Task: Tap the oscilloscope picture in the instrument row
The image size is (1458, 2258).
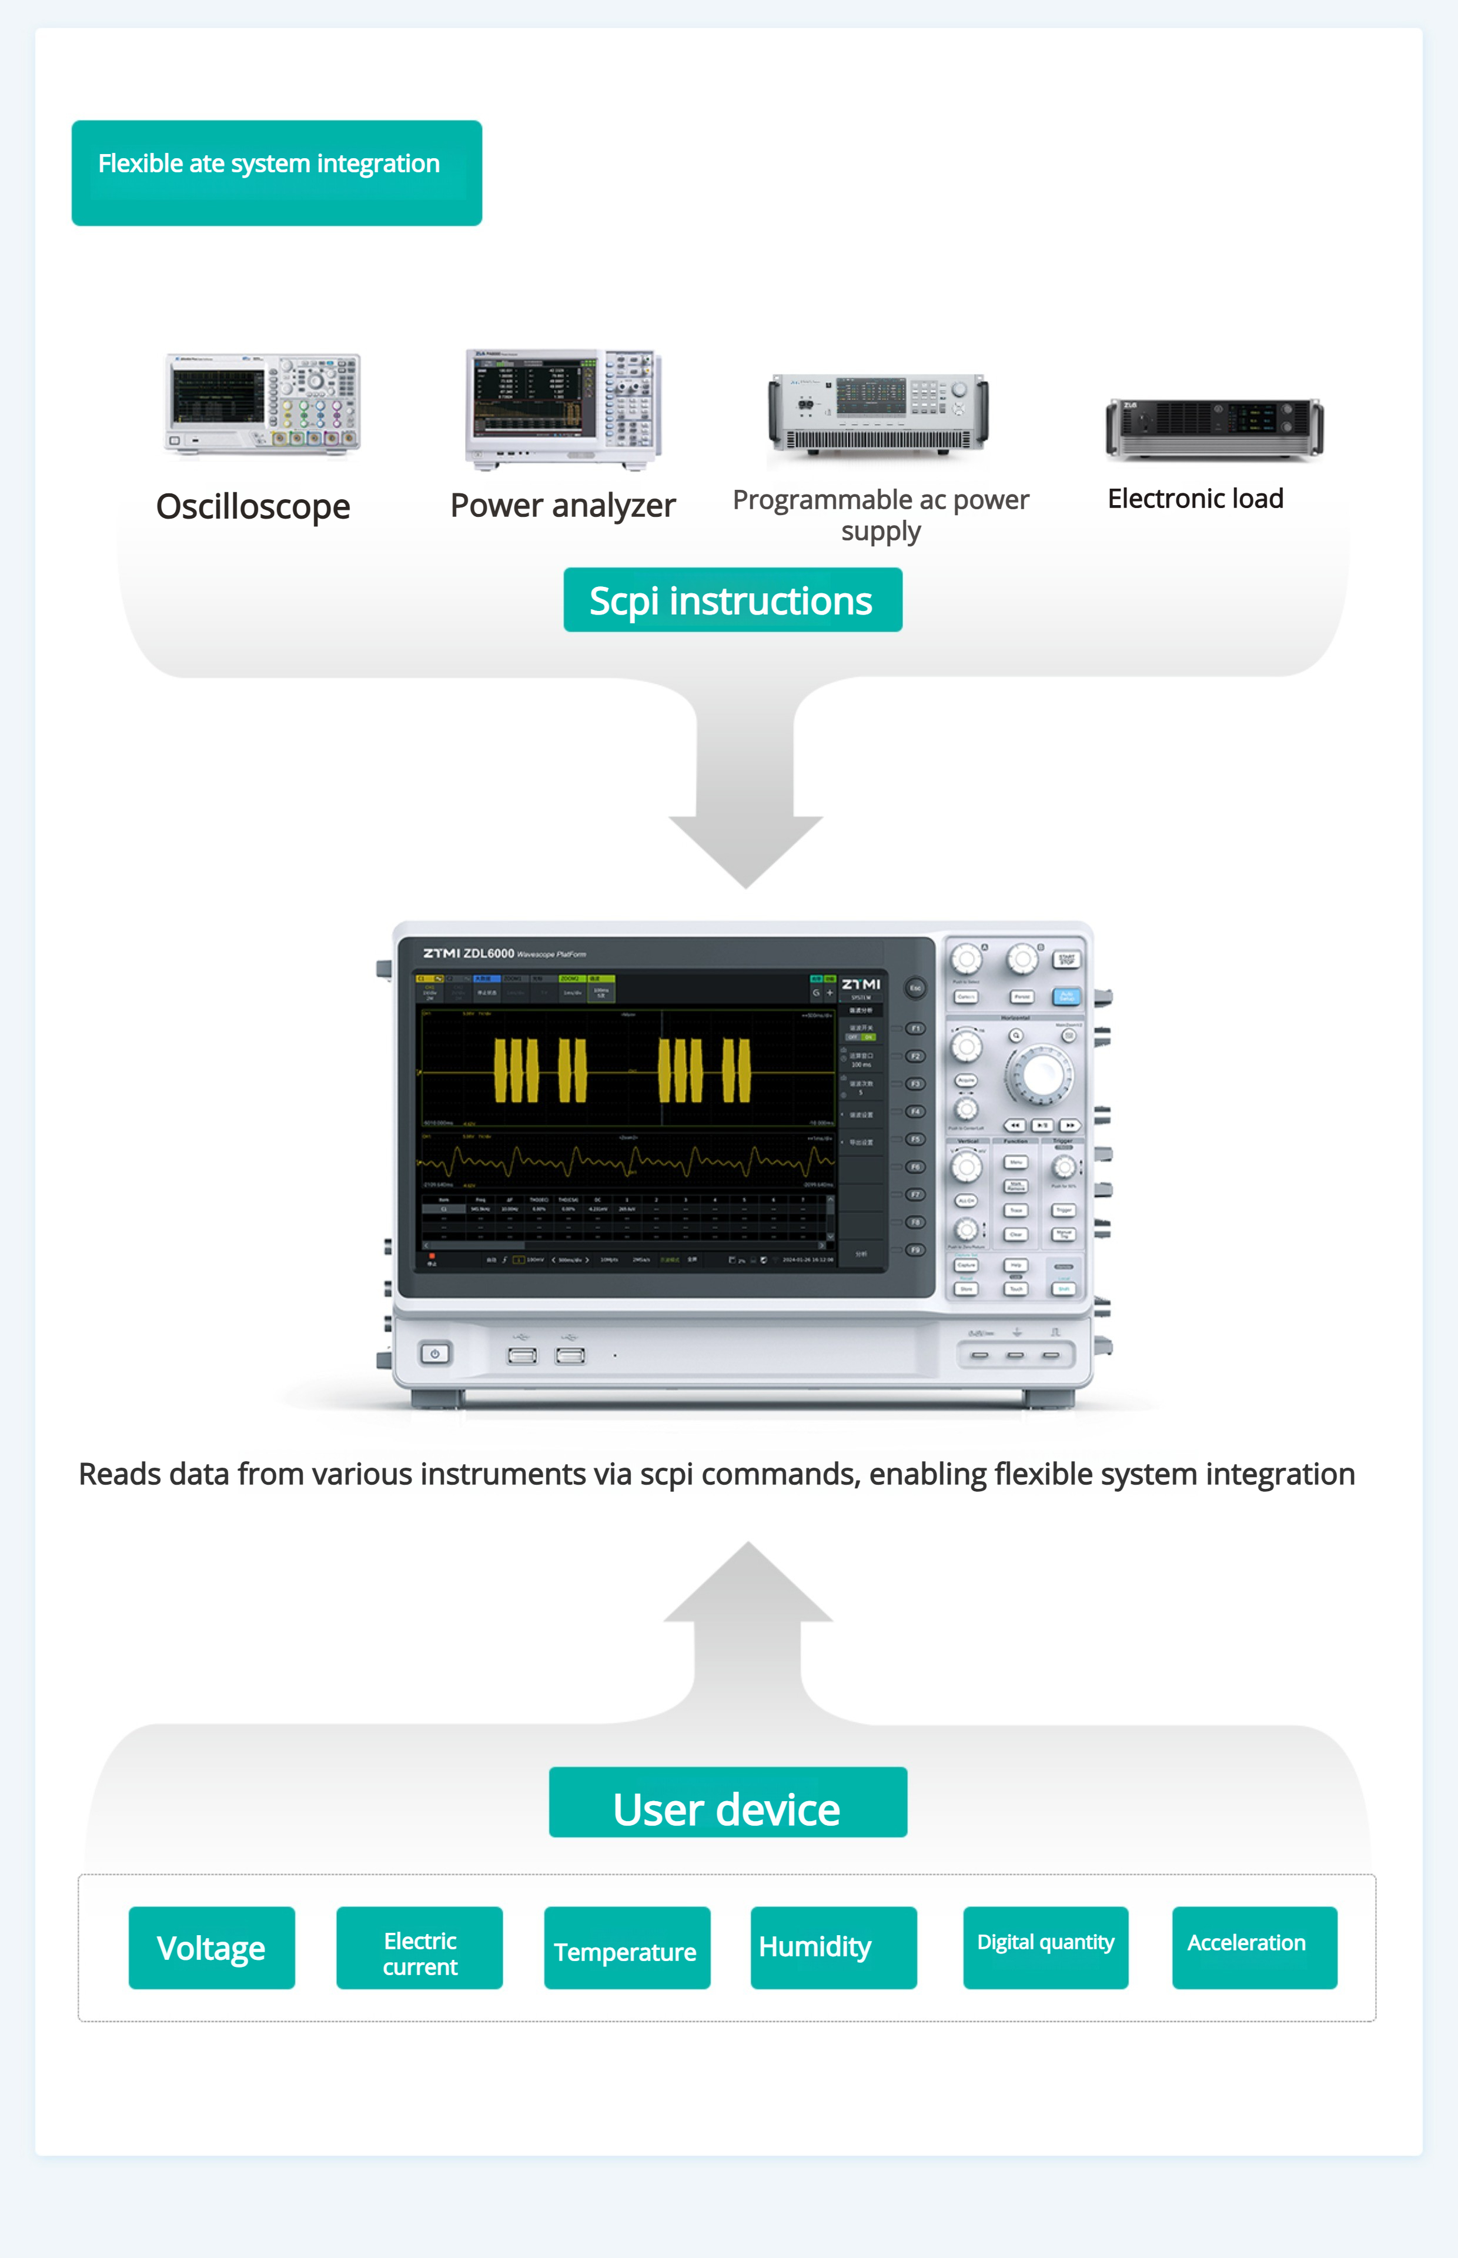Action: pyautogui.click(x=262, y=402)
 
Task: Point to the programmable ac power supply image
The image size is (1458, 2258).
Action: pyautogui.click(x=878, y=416)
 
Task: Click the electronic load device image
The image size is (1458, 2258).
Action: pyautogui.click(x=1214, y=428)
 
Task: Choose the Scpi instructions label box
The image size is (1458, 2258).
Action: pyautogui.click(x=732, y=600)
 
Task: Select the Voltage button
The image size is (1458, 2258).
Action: pyautogui.click(x=211, y=1948)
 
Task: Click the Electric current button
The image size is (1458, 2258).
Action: pyautogui.click(x=419, y=1948)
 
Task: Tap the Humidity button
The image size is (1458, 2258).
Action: pyautogui.click(x=833, y=1948)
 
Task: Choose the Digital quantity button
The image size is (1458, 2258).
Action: pyautogui.click(x=1045, y=1948)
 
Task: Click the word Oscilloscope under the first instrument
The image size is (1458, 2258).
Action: pyautogui.click(x=253, y=506)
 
